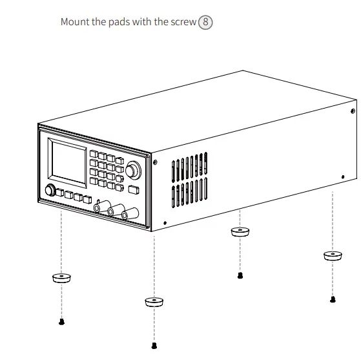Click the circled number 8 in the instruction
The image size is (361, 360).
(206, 22)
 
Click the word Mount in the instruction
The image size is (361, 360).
(75, 22)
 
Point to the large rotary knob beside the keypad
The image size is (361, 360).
(133, 171)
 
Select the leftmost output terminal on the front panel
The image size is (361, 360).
(98, 207)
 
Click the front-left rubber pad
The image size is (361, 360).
(61, 279)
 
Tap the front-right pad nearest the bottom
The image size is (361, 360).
(154, 302)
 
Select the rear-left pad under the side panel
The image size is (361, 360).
(240, 231)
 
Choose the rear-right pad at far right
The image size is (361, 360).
(333, 256)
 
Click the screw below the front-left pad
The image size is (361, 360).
(61, 321)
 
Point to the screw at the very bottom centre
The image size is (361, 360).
(154, 344)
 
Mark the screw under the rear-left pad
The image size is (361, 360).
(240, 275)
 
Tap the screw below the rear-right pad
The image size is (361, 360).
(333, 299)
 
